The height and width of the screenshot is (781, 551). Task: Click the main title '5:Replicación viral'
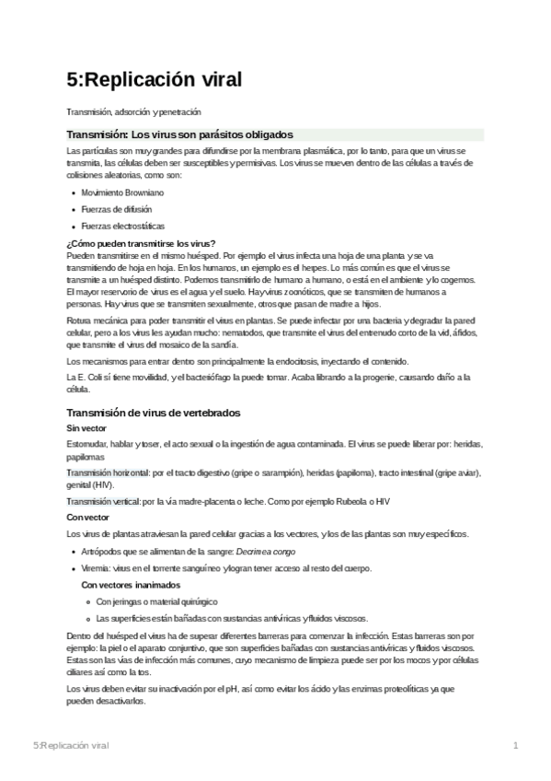click(154, 80)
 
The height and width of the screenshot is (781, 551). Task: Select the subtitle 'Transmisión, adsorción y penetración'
click(133, 112)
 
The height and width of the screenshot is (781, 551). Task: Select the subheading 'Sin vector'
click(86, 429)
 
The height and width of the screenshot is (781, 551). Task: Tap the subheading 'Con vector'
click(88, 518)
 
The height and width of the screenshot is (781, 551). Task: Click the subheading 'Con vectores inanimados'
click(131, 585)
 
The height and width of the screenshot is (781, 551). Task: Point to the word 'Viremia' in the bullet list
click(97, 568)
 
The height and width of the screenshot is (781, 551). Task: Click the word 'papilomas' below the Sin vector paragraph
click(86, 457)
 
